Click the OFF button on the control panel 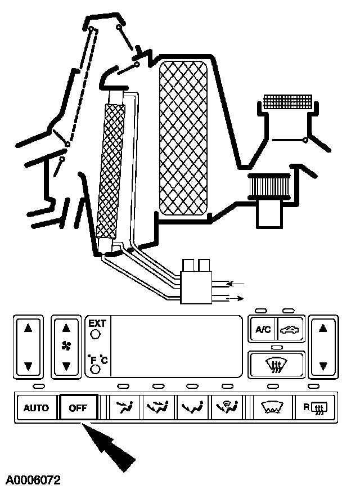[x=78, y=408]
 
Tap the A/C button [x=263, y=330]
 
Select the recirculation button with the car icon [x=290, y=330]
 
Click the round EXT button [x=95, y=334]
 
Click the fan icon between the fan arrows [x=66, y=348]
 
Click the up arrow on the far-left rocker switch [x=28, y=329]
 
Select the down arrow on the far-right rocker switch [x=323, y=366]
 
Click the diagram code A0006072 [x=33, y=480]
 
